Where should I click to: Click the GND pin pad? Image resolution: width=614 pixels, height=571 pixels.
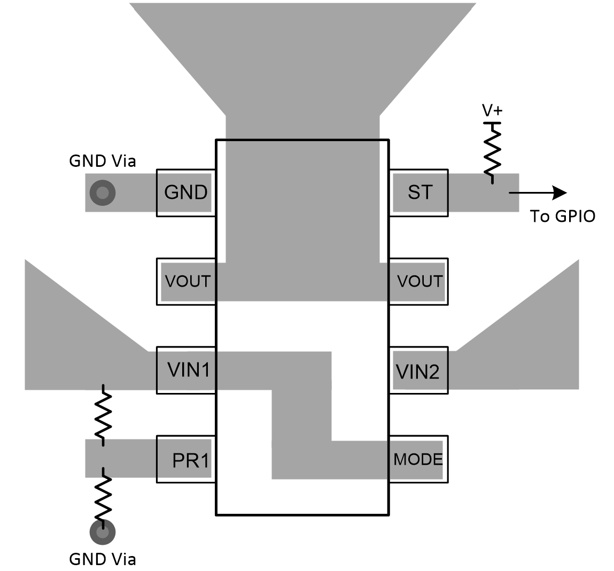[185, 192]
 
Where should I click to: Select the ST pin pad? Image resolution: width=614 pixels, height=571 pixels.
[419, 192]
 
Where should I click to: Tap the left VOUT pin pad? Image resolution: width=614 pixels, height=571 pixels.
[186, 281]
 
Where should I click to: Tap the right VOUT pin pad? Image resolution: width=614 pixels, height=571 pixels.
[419, 281]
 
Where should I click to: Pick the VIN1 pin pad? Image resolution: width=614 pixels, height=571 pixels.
[186, 370]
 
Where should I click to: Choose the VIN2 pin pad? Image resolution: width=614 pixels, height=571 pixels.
[419, 371]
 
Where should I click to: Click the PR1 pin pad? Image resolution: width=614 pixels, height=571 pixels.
[186, 459]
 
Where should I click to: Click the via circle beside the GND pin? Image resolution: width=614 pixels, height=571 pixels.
[102, 192]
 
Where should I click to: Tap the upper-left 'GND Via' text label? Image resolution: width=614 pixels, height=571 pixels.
[103, 161]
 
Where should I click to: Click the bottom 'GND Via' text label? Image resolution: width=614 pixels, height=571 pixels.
[103, 559]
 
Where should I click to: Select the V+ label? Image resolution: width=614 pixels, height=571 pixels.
[492, 111]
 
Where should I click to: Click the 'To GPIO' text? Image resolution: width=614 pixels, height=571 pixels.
[562, 216]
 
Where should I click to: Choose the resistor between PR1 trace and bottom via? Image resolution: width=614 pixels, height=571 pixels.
[103, 497]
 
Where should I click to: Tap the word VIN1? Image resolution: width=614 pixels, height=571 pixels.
[188, 370]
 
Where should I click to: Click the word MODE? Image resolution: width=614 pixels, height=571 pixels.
[418, 459]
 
